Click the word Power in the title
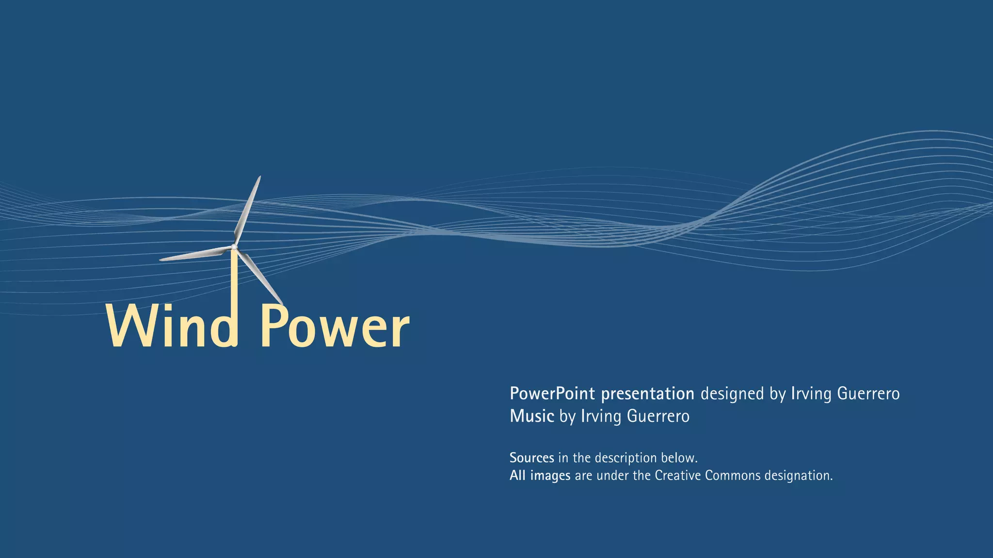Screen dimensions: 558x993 335,327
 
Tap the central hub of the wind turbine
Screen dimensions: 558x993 234,248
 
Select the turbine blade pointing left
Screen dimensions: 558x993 194,254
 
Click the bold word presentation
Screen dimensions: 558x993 648,394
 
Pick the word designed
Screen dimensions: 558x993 732,394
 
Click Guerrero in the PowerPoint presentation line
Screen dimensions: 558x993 868,394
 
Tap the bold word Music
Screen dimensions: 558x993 531,416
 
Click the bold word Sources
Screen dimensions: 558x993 531,458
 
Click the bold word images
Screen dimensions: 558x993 550,476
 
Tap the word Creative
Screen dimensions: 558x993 677,476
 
